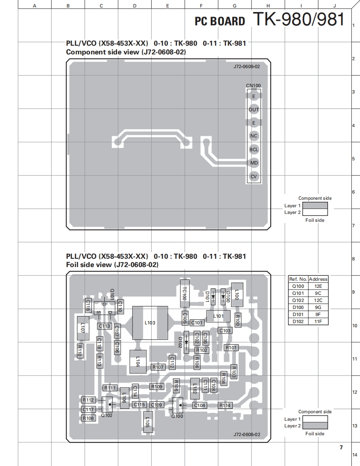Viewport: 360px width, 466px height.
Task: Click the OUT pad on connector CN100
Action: click(x=254, y=109)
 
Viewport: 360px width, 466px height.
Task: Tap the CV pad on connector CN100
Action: click(x=254, y=177)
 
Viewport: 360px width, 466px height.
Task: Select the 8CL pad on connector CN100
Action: click(x=254, y=150)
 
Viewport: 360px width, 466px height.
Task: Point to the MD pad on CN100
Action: click(x=254, y=163)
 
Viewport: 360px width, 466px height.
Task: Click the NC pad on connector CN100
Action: click(x=254, y=136)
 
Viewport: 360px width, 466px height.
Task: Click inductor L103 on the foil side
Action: click(x=150, y=323)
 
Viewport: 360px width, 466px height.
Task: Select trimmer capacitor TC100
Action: click(x=185, y=293)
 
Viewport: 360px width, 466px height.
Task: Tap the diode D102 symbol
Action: click(x=186, y=342)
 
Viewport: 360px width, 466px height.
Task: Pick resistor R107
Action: click(x=158, y=367)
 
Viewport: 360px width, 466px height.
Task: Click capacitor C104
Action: click(x=200, y=405)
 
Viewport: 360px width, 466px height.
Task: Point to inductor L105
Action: click(x=148, y=422)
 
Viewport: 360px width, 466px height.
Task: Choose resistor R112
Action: click(x=88, y=400)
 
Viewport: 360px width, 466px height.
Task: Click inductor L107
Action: click(x=83, y=328)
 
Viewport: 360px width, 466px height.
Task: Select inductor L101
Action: click(x=218, y=316)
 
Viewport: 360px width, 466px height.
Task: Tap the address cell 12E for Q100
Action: click(x=318, y=286)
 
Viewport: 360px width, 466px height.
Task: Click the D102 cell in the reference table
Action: click(x=298, y=321)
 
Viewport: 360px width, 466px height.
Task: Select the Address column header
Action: click(x=318, y=279)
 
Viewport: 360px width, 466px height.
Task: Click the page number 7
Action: click(x=341, y=447)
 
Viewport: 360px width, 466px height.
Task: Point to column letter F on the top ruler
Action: click(x=201, y=6)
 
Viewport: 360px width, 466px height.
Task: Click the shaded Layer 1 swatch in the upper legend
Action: click(x=315, y=205)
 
